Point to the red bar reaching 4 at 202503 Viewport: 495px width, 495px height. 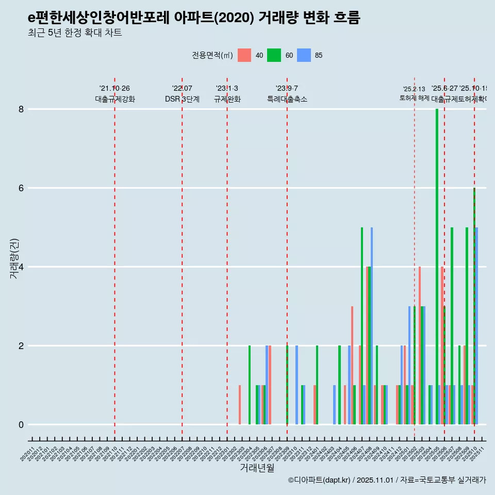[420, 345]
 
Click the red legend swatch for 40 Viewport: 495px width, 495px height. [244, 55]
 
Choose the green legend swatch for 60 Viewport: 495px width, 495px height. [274, 55]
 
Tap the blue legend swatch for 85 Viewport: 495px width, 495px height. [304, 55]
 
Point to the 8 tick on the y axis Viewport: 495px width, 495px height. [22, 109]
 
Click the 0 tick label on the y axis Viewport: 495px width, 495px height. [22, 425]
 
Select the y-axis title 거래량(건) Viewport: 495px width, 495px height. [14, 259]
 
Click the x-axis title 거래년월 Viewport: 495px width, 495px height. [257, 468]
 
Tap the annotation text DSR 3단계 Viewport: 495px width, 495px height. [182, 99]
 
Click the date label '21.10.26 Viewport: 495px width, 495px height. [114, 88]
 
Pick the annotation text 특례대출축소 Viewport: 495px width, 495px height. [287, 99]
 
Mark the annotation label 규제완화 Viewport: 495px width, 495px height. [227, 99]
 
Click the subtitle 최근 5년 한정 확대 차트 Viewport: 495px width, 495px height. [75, 33]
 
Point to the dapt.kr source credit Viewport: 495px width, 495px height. [387, 480]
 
